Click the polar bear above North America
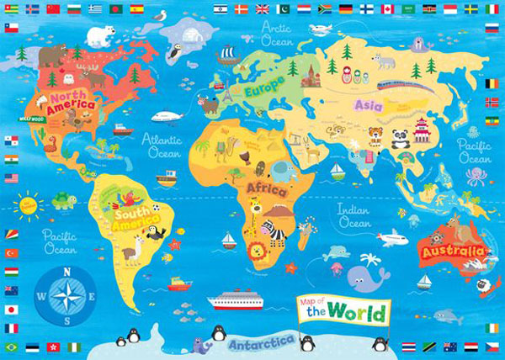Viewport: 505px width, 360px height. tap(102, 35)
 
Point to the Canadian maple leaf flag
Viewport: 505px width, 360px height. tap(387, 9)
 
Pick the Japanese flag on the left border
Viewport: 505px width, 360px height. tap(11, 309)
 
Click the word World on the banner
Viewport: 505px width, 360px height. tap(358, 314)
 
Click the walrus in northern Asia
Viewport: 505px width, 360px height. tap(384, 61)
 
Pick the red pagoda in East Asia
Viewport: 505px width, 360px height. tap(422, 130)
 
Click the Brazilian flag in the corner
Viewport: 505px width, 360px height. tap(11, 347)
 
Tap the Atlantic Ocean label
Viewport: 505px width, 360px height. tap(164, 146)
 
